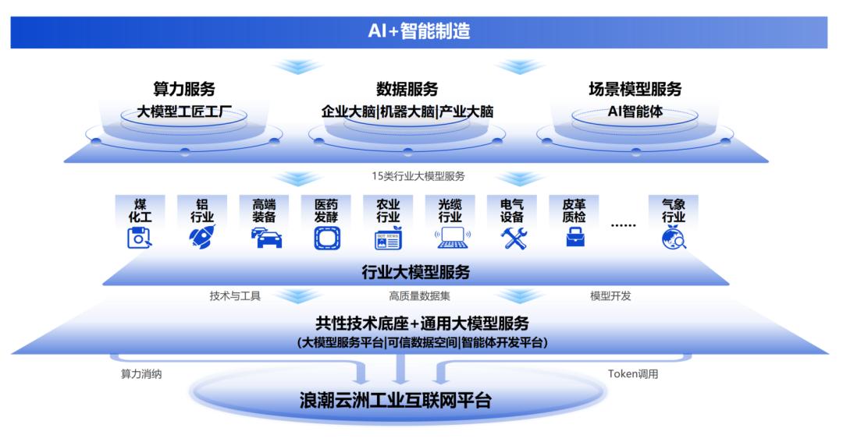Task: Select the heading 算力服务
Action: (x=184, y=89)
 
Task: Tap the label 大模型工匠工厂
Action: (x=184, y=111)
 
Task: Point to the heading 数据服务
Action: (x=407, y=89)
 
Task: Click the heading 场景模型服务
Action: (x=635, y=89)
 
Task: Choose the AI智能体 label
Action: (x=635, y=111)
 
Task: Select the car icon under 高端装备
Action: (x=265, y=238)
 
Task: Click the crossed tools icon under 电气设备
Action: (x=515, y=237)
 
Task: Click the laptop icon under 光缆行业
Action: (x=452, y=237)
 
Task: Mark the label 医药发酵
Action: (x=326, y=210)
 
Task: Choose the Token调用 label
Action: (x=633, y=373)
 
